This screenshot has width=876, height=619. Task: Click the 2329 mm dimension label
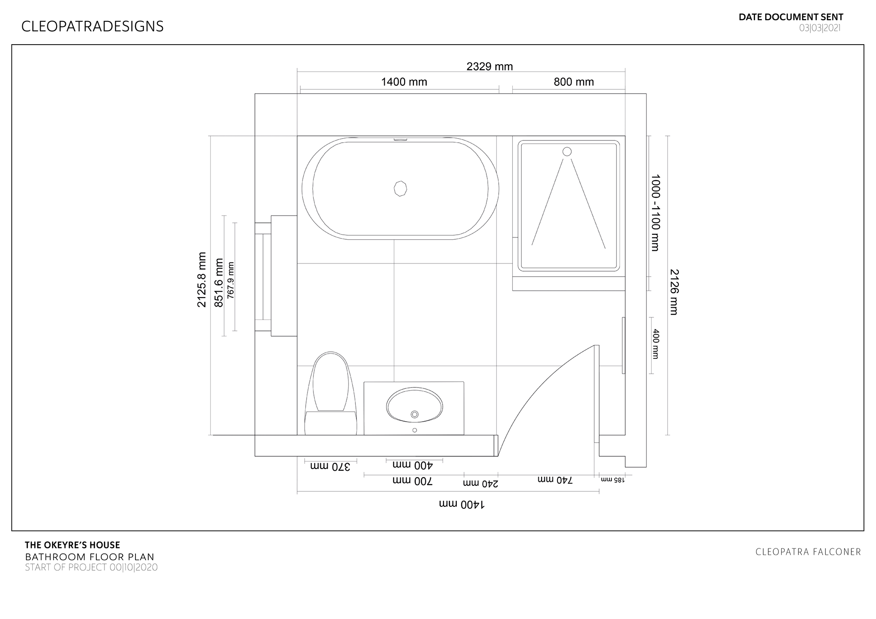[490, 67]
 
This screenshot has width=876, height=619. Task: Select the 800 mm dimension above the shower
[574, 82]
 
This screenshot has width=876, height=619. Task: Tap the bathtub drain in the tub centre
[400, 188]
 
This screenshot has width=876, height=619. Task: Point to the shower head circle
[567, 152]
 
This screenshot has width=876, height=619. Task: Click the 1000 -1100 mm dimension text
[656, 212]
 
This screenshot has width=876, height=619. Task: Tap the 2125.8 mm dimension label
[202, 280]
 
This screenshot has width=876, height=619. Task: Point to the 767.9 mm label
[231, 280]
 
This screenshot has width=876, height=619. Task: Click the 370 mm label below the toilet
[330, 466]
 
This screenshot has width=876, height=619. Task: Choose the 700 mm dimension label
[412, 481]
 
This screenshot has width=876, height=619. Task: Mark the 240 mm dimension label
[480, 483]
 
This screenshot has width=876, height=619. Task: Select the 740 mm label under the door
[555, 480]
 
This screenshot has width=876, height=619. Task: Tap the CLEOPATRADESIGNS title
[92, 26]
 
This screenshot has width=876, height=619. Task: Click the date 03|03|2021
[819, 28]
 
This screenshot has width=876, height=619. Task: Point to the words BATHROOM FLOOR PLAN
[89, 557]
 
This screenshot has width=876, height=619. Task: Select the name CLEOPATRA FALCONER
[808, 552]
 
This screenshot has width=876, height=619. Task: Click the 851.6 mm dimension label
[219, 283]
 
